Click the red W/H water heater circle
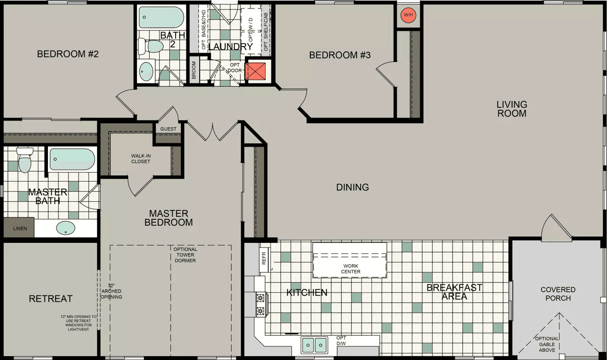pos(408,15)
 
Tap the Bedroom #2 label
pos(68,54)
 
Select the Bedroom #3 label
pos(340,55)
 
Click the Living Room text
pos(512,109)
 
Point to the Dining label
pos(352,187)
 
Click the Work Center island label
pos(351,269)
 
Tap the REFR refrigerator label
pos(264,258)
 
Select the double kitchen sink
pos(314,345)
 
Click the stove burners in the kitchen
pos(260,304)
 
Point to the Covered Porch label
pos(558,294)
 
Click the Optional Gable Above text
pos(547,344)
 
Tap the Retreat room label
pos(50,298)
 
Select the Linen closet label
pos(20,228)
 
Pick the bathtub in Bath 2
pos(161,18)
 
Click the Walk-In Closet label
pos(141,159)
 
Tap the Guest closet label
pos(168,129)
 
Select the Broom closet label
pos(194,70)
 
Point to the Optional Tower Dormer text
pos(185,255)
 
